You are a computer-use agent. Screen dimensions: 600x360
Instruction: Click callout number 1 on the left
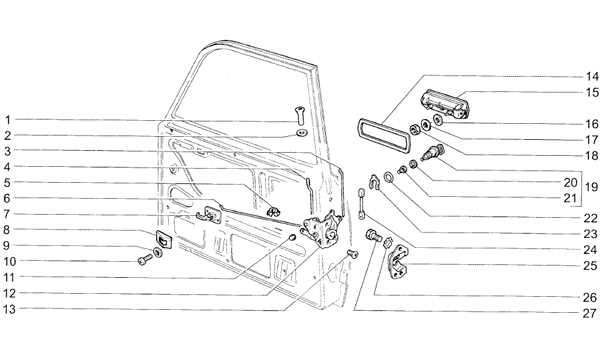[8, 120]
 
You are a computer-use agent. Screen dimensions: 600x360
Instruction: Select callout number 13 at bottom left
[10, 309]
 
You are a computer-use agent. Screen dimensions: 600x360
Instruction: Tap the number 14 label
[591, 77]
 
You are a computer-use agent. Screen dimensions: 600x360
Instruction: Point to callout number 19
[591, 187]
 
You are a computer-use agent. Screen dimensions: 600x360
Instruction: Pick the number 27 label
[590, 314]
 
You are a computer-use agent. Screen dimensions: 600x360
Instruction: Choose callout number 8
[7, 230]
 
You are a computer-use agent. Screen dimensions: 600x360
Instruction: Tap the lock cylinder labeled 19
[433, 152]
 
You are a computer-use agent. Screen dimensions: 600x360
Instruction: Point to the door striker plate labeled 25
[398, 261]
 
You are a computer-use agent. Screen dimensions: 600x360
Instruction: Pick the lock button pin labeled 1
[299, 115]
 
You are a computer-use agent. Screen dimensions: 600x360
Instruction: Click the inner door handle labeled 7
[209, 215]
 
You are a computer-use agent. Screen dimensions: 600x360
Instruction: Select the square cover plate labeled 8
[163, 239]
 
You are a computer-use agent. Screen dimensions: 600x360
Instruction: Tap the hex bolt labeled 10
[145, 260]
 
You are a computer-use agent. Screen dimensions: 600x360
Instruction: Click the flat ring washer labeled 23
[389, 177]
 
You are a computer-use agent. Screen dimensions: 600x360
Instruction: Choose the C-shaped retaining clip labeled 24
[373, 182]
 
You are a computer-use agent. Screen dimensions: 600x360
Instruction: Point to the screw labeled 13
[352, 253]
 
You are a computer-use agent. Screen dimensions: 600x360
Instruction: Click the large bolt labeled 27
[373, 235]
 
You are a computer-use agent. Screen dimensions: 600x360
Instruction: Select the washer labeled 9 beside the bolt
[157, 252]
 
